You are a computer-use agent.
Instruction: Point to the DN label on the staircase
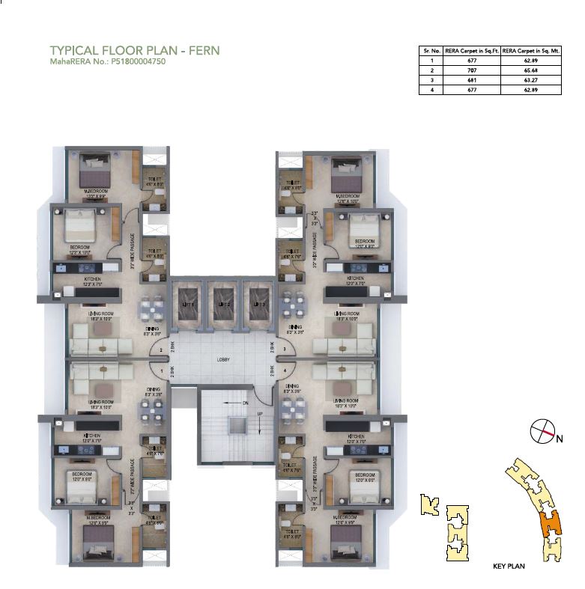click(244, 403)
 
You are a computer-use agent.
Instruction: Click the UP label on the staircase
click(259, 413)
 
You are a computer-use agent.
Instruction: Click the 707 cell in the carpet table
click(470, 69)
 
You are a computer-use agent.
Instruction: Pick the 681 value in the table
click(470, 79)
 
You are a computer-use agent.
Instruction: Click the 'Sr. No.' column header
click(431, 50)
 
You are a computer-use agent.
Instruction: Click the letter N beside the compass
click(560, 439)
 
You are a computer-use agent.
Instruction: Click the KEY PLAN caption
click(509, 567)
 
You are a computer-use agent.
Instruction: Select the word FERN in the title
click(201, 51)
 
